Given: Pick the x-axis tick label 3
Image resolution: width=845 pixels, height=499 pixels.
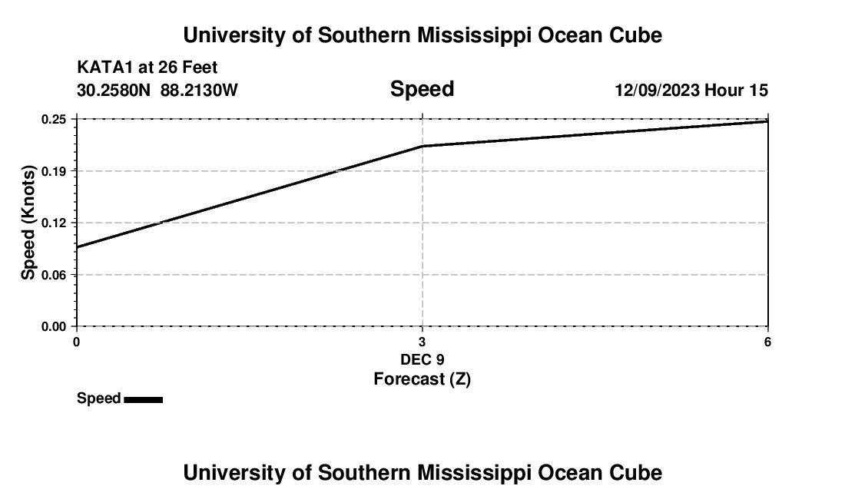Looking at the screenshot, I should click(422, 342).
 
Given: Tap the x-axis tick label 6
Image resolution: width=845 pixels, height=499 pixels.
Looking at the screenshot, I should click(767, 342).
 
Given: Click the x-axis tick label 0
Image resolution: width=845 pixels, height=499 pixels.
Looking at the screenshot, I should click(76, 342).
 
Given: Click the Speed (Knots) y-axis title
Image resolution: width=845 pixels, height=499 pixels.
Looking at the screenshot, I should click(28, 223).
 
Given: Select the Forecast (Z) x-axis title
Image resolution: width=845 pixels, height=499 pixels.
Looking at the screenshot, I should click(422, 379).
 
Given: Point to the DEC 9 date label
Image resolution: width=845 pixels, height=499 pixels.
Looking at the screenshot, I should click(422, 359).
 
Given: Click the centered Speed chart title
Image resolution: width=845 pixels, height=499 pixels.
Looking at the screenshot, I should click(422, 89).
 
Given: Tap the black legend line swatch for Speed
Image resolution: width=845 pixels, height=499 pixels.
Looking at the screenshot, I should click(143, 399).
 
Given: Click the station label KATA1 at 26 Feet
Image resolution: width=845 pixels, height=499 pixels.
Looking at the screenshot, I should click(147, 68).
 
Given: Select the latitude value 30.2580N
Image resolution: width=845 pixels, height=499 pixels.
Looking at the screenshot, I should click(114, 91).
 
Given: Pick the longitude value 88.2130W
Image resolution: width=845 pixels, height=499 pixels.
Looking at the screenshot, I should click(199, 91).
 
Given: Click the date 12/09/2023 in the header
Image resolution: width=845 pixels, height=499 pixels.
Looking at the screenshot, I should click(657, 91).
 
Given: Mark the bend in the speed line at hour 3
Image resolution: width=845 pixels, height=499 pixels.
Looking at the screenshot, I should click(422, 146).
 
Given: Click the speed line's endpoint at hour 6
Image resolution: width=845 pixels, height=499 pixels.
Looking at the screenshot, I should click(767, 121).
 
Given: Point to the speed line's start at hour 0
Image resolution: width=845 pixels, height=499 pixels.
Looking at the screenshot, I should click(77, 247).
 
